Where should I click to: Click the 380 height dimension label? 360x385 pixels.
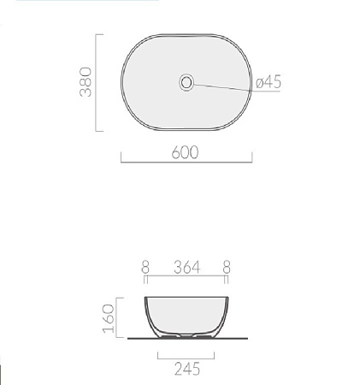coord(86,82)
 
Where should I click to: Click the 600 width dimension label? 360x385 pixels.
coord(185,152)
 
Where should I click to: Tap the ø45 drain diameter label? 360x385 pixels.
coord(269,82)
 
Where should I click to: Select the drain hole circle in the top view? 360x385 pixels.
coord(186,82)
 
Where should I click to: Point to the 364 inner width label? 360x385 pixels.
coord(187,268)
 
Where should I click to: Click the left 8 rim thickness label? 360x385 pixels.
coord(145,268)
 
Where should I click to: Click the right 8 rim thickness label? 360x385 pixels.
coord(227,268)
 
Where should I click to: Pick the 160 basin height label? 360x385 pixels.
coord(109,318)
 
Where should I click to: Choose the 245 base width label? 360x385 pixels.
coord(187,369)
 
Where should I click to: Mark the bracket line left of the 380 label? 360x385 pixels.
coord(96,83)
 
